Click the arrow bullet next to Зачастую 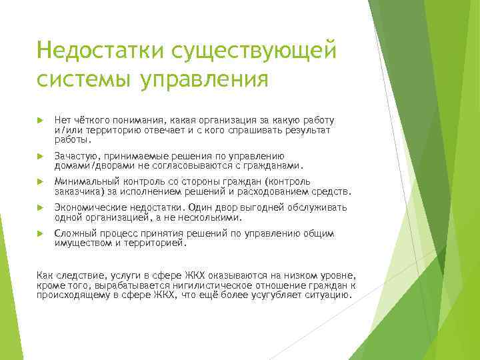[40, 156]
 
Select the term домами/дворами [91, 166]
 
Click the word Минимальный [85, 181]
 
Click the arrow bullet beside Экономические [40, 207]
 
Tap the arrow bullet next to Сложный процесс [40, 233]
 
